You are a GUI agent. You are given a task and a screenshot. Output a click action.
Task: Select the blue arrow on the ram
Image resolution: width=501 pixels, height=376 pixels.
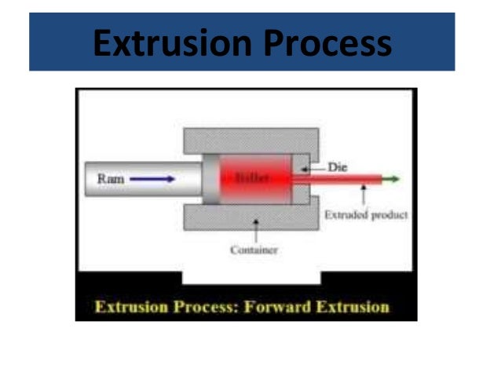coord(153,179)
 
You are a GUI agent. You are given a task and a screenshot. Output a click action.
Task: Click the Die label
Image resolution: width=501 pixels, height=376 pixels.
coord(337,166)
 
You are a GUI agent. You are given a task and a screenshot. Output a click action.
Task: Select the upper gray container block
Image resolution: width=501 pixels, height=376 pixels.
coord(251,141)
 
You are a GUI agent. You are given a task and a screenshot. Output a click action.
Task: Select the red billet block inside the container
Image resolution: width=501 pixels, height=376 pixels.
coord(253,179)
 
